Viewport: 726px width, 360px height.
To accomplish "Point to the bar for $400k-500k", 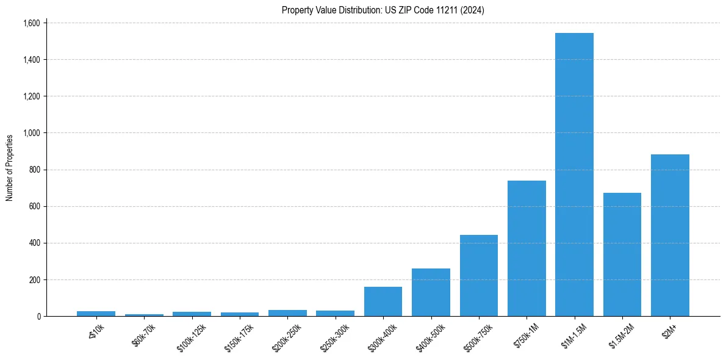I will click(431, 292).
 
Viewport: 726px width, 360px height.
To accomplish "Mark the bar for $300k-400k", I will click(383, 301).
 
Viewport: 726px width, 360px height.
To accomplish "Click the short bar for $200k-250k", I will click(287, 313).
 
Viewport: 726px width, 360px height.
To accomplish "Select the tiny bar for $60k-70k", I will click(144, 315).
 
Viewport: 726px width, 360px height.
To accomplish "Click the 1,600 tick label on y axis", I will click(31, 23).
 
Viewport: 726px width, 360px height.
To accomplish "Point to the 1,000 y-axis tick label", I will click(31, 133).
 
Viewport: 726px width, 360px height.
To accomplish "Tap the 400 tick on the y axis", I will click(34, 243).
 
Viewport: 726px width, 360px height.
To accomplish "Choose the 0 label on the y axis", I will click(38, 317).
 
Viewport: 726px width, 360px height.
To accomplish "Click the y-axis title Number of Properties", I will click(10, 168).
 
